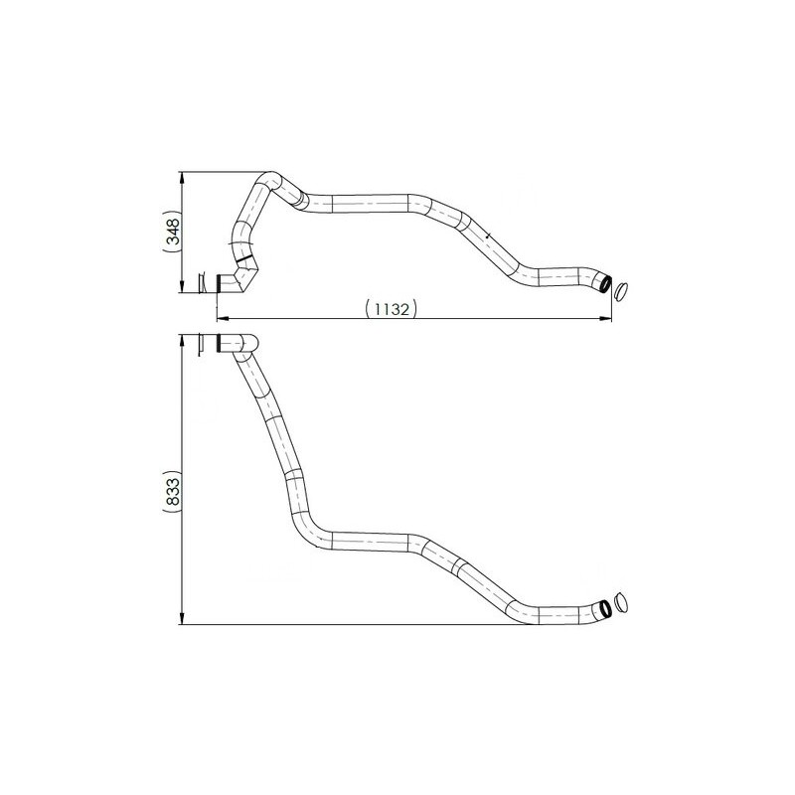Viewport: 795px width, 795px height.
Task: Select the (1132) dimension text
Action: (x=390, y=309)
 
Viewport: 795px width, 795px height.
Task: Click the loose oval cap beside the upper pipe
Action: (x=621, y=289)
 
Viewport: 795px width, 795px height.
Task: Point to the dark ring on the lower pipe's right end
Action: (x=603, y=607)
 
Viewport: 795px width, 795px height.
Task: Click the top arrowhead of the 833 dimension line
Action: (x=182, y=339)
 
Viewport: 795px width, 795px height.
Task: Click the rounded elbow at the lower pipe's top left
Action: (x=244, y=346)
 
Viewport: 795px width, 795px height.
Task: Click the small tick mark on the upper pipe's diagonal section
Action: (x=489, y=235)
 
